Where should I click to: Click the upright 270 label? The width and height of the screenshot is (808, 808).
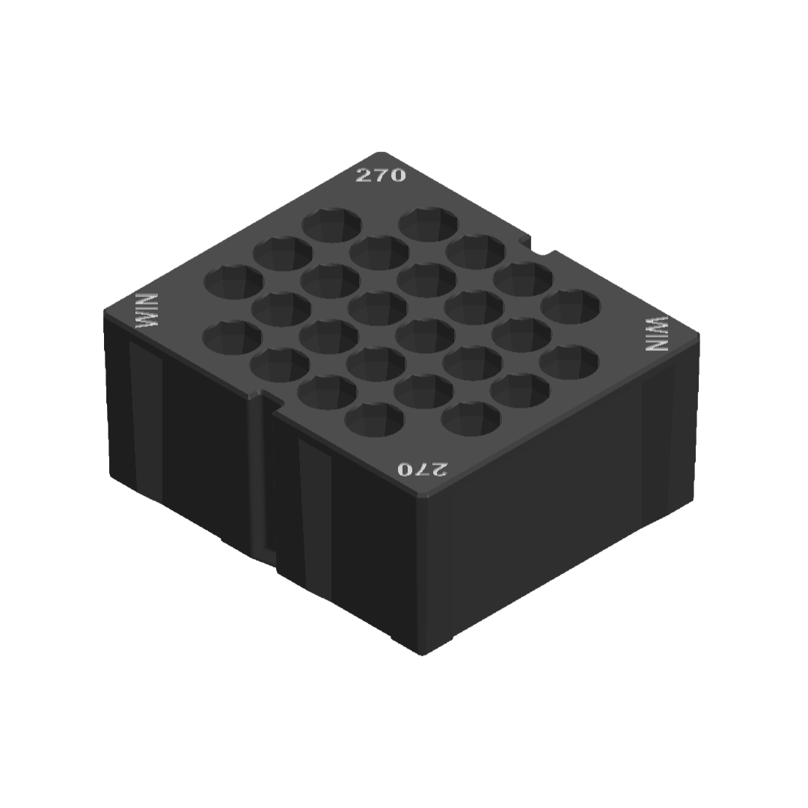click(380, 175)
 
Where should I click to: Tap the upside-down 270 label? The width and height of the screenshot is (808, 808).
click(422, 469)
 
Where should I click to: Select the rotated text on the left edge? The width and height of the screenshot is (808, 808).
click(147, 311)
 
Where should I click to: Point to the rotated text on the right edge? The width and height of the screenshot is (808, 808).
click(658, 334)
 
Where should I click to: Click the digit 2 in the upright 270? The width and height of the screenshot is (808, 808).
click(363, 176)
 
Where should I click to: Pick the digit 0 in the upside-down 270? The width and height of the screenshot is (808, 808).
click(405, 469)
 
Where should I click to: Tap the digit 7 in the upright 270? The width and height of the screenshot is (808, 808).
click(380, 175)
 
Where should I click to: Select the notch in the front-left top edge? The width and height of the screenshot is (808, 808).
click(266, 402)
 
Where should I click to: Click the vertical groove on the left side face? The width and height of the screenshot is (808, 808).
click(260, 479)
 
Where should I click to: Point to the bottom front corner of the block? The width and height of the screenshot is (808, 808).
click(423, 652)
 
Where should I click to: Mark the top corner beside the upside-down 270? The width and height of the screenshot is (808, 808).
click(423, 496)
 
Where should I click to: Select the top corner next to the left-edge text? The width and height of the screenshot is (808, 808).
click(105, 311)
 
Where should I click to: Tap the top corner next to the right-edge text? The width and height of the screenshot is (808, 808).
click(700, 334)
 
